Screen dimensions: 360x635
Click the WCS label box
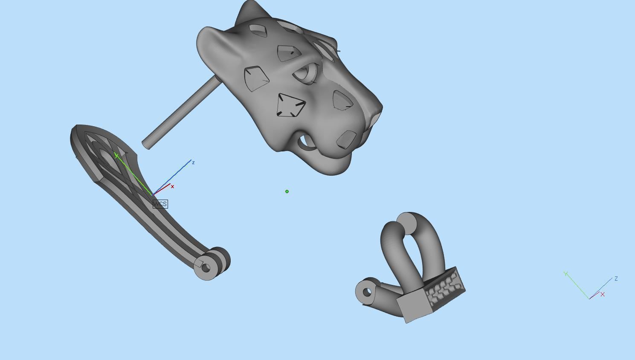160,204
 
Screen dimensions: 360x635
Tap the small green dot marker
287,192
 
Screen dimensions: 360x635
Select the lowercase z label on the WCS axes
193,163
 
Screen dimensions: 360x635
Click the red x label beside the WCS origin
172,187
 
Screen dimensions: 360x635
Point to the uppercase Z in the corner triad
616,279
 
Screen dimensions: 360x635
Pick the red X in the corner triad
602,294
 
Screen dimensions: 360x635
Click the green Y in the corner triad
565,274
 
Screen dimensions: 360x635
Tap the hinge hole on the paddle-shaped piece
206,268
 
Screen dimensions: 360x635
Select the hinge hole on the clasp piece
367,292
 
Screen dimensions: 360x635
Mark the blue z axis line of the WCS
175,175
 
